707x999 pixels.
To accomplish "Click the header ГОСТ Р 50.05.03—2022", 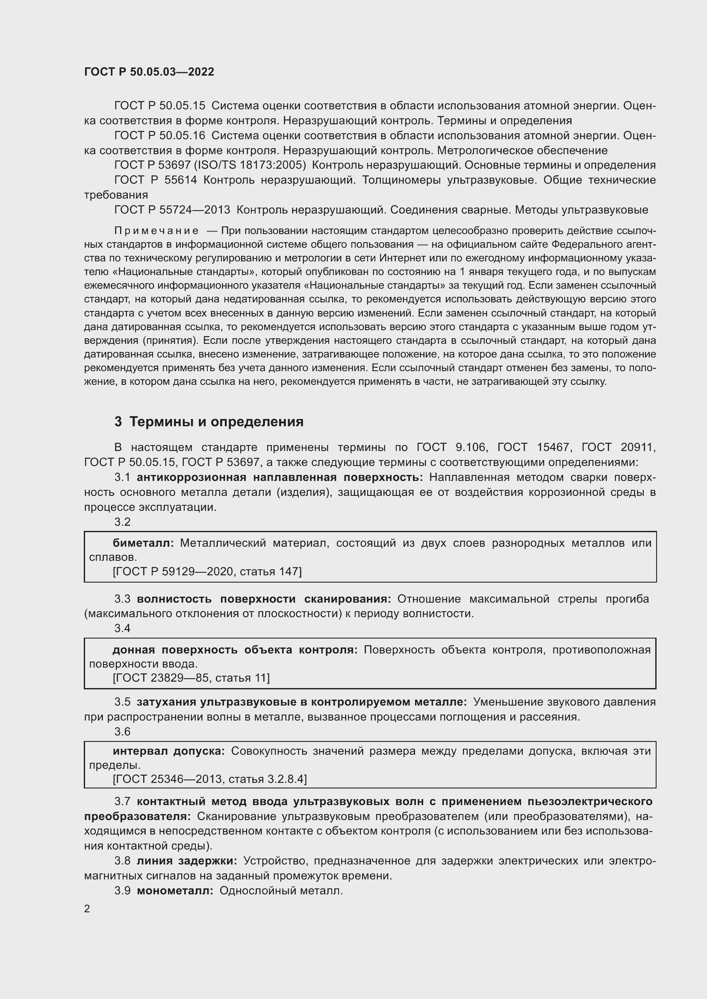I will point(149,72).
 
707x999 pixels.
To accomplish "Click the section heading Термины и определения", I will point(216,422).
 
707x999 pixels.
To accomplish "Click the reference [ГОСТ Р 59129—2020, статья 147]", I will point(207,571).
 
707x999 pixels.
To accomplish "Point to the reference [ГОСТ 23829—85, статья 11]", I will point(191,678).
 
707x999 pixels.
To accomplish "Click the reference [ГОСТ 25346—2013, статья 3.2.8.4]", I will point(209,779).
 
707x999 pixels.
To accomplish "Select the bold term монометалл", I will point(175,890).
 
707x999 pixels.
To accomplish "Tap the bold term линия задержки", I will point(187,861).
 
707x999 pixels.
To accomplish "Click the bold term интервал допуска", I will point(169,750).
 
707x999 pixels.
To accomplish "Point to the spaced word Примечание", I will point(156,231).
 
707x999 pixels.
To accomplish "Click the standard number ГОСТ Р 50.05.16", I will point(159,136).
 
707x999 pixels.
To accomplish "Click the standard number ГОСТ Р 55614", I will point(156,180).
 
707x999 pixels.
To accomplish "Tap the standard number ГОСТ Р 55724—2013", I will point(172,210).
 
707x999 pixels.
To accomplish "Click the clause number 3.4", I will point(122,628).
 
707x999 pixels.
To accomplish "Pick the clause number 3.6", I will point(122,732).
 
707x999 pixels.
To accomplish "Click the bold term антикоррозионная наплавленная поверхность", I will point(280,478).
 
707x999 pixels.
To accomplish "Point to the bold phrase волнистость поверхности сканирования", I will point(264,599).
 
